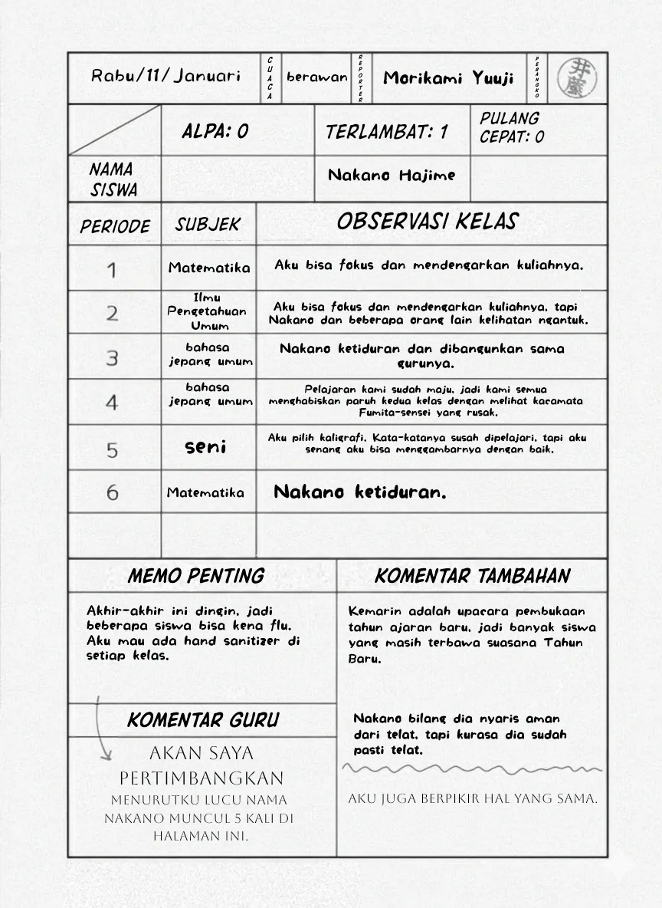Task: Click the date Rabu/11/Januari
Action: coord(165,76)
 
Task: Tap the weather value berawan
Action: coord(316,77)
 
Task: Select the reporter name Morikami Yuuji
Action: coord(448,78)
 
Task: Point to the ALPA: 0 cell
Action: coord(215,131)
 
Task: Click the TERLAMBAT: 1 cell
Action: coord(387,132)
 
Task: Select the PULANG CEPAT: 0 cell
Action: coord(512,128)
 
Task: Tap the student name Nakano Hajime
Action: coord(392,176)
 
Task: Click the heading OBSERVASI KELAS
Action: coord(427,222)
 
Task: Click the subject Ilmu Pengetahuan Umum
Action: coord(208,311)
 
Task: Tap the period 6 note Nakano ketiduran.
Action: coord(359,492)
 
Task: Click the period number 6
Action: coord(113,492)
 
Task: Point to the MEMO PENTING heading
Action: coord(196,576)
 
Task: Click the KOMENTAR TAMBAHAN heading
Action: coord(472,576)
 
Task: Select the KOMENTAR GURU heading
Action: coord(203,720)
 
